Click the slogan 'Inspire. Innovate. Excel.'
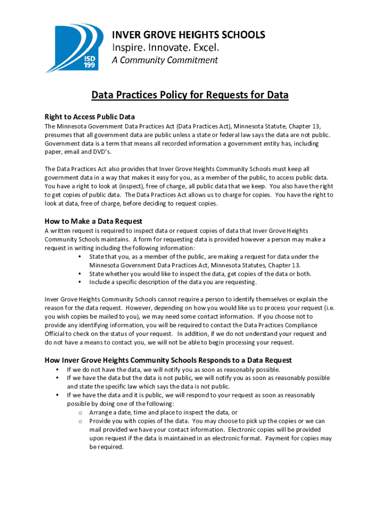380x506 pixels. (x=165, y=47)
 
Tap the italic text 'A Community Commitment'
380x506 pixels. (x=164, y=60)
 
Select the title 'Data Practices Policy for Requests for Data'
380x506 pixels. (x=190, y=95)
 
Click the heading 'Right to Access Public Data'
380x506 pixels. (x=90, y=117)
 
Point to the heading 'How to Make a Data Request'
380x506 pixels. (x=93, y=221)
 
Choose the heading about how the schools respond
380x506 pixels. (x=168, y=360)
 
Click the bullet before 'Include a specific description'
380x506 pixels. (x=79, y=282)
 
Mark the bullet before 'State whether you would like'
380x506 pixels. (x=79, y=274)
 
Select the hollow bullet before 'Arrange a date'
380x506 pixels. (x=79, y=412)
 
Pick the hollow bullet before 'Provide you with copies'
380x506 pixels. (x=79, y=421)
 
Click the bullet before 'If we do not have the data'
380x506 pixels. (x=57, y=370)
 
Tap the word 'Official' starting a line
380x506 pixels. (x=55, y=334)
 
